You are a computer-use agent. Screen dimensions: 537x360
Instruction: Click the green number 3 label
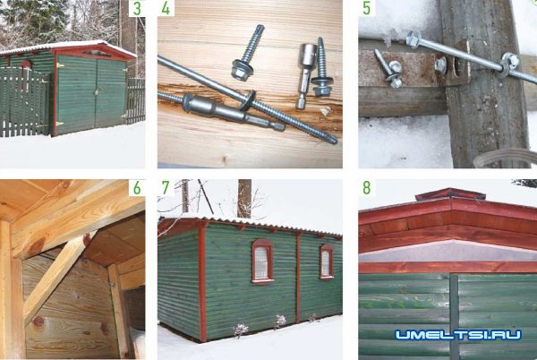[137, 9]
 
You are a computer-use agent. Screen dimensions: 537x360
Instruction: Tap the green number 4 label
[166, 8]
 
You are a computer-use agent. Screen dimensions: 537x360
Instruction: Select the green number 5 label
[366, 9]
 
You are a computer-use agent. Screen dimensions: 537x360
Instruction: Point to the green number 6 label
[137, 188]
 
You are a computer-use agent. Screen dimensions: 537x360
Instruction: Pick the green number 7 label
[166, 188]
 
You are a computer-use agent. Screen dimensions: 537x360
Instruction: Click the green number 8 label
[366, 188]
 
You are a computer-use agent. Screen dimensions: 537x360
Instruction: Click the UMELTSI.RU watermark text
[458, 335]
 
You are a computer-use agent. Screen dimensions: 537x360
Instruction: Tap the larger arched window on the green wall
[262, 261]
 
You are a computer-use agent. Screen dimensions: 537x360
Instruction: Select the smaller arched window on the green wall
[327, 261]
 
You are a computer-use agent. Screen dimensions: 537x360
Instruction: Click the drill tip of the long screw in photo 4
[333, 140]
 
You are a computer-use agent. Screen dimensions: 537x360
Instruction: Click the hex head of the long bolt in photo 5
[413, 39]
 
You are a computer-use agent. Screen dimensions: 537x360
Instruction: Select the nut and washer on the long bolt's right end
[509, 63]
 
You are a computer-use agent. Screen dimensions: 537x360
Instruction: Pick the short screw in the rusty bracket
[388, 70]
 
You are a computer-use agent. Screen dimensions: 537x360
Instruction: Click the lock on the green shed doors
[97, 91]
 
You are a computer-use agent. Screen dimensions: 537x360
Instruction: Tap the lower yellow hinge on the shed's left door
[59, 124]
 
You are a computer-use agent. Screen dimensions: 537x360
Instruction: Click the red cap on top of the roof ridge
[450, 193]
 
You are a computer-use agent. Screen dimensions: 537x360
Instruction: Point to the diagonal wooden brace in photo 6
[55, 276]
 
